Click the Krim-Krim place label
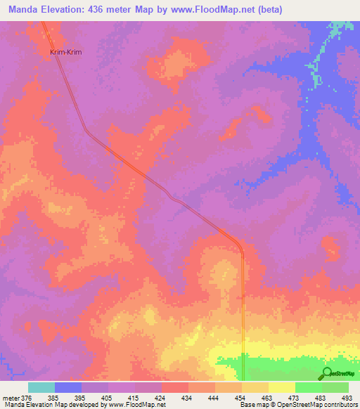tap(63, 52)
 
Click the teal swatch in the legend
tap(41, 387)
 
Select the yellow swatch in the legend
tap(281, 387)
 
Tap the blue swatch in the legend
tap(68, 387)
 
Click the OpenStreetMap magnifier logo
tap(327, 373)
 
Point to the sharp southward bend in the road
tap(240, 249)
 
